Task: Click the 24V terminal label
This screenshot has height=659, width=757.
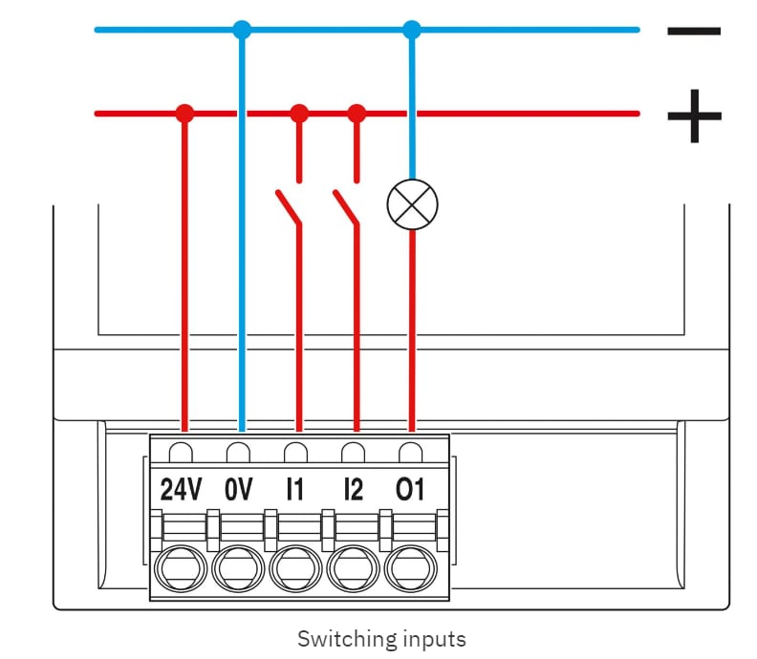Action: [182, 490]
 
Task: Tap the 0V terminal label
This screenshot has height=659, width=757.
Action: [239, 490]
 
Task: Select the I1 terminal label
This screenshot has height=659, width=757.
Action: [295, 490]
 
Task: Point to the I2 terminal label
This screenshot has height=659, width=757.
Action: [353, 490]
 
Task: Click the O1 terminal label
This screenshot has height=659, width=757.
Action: [410, 490]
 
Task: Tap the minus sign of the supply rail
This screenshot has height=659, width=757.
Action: [693, 31]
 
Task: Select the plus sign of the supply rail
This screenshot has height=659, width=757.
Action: [693, 116]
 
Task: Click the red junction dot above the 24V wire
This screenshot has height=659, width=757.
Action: [185, 114]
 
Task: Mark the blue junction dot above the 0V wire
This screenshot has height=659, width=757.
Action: [242, 30]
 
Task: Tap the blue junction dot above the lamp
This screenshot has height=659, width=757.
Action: [412, 30]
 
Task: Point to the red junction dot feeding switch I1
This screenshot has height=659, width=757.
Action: [299, 114]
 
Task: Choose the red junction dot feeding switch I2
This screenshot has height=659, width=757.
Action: [357, 114]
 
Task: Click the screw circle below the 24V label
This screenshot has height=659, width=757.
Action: [182, 570]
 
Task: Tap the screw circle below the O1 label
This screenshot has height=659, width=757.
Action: [410, 570]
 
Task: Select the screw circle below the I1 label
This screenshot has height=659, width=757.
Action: [295, 570]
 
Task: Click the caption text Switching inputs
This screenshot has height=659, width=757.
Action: [381, 638]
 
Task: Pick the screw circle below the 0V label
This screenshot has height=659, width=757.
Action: [239, 570]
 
